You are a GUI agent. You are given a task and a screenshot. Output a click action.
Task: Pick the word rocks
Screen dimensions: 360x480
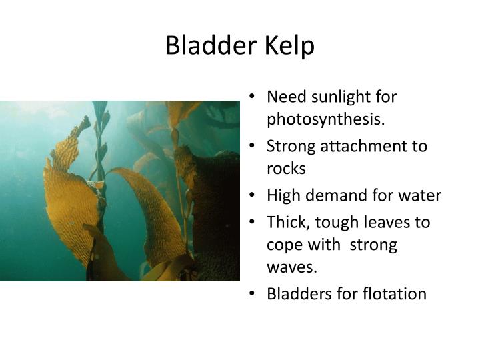pyautogui.click(x=286, y=169)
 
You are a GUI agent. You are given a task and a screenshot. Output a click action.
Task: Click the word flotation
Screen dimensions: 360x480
pyautogui.click(x=393, y=294)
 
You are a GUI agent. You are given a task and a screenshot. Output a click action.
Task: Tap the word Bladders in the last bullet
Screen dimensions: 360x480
pyautogui.click(x=297, y=294)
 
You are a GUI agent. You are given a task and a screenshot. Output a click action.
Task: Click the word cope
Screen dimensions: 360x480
pyautogui.click(x=285, y=245)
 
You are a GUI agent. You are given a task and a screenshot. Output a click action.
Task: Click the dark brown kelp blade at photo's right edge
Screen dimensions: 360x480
pyautogui.click(x=217, y=213)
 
